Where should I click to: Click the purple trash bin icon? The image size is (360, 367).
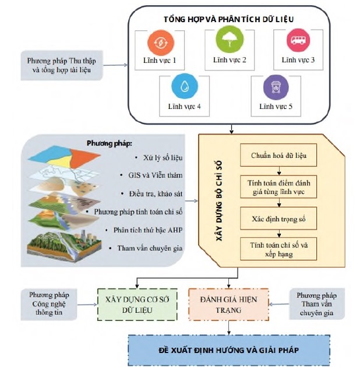click(x=275, y=88)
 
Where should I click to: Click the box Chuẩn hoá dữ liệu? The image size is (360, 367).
click(x=278, y=156)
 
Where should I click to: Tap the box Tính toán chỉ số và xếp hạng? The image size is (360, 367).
click(x=278, y=249)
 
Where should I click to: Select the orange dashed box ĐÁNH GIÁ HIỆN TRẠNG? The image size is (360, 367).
click(x=228, y=304)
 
